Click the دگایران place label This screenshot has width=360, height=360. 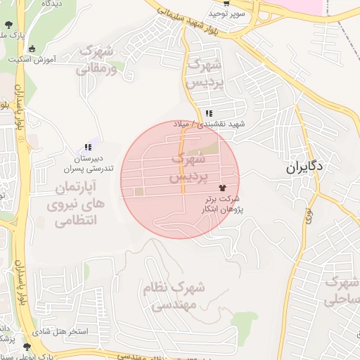tap(304, 168)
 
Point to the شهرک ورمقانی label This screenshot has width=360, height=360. tap(95, 60)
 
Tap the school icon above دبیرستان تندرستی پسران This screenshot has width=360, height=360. tap(88, 148)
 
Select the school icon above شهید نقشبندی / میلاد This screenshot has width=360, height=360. tap(209, 113)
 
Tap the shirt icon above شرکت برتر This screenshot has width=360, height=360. tap(224, 188)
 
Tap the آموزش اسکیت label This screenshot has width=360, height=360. tap(34, 60)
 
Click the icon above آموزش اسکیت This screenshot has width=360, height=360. tap(32, 49)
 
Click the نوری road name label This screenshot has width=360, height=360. tap(308, 214)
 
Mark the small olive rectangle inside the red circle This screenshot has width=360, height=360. tap(139, 192)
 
